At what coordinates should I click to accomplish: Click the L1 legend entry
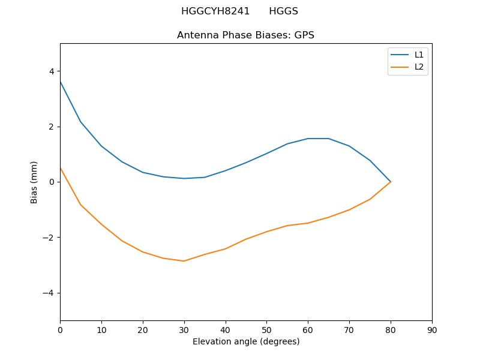point(419,55)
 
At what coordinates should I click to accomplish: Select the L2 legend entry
point(419,67)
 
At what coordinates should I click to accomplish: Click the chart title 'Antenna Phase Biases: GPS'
point(245,35)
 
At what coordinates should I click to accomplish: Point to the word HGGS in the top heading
point(283,11)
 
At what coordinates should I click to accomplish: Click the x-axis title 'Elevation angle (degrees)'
point(246,342)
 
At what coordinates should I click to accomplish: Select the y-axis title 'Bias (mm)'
point(34,182)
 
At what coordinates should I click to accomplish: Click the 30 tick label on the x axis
point(184,330)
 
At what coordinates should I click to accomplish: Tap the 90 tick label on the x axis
point(432,330)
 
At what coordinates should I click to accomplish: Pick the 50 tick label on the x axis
point(266,330)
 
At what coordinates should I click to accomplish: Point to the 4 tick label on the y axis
point(52,71)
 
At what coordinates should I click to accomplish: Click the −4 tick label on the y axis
point(49,293)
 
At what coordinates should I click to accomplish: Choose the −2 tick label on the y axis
point(49,238)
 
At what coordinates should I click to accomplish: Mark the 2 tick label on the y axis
point(52,127)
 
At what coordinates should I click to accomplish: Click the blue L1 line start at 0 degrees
point(60,82)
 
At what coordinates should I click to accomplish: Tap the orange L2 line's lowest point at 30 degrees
point(184,261)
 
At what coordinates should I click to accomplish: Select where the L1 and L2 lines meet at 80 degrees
point(391,182)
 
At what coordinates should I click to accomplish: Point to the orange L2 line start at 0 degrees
point(60,168)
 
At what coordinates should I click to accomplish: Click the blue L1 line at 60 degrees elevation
point(308,139)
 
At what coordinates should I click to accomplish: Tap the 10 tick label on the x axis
point(101,330)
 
